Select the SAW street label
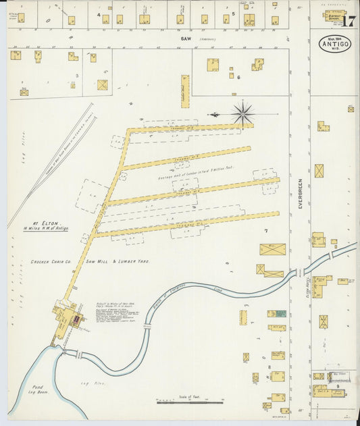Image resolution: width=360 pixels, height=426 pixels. [186, 39]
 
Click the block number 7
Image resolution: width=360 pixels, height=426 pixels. [266, 232]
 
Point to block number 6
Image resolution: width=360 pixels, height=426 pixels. [238, 77]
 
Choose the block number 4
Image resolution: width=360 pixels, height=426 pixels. [99, 14]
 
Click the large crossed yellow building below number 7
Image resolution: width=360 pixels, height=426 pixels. [273, 250]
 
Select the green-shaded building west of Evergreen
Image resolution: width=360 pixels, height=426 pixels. [277, 314]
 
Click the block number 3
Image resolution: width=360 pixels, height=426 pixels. [76, 76]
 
